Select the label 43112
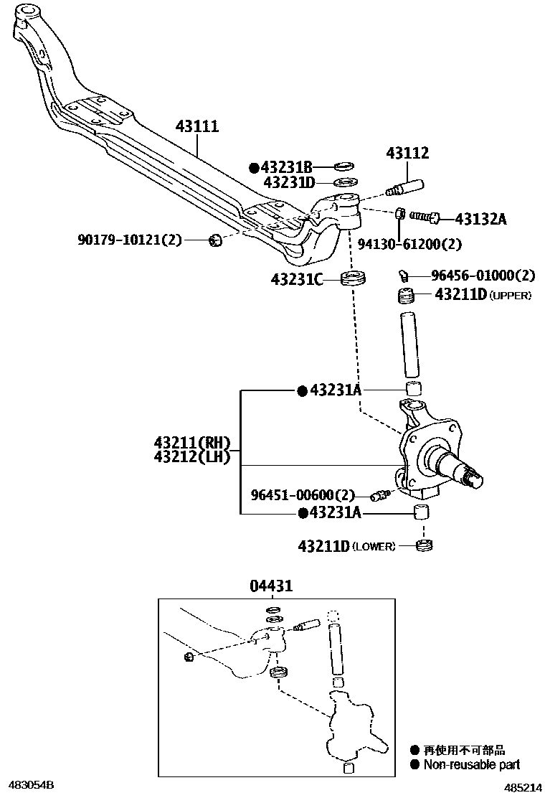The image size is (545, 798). [x=407, y=153]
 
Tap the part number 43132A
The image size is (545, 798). [x=480, y=219]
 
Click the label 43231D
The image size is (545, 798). [x=289, y=182]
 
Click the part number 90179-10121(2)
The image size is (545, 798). [x=130, y=239]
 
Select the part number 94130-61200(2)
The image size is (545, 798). [x=409, y=244]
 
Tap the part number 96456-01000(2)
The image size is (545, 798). [x=483, y=276]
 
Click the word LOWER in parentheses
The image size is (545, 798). [x=373, y=547]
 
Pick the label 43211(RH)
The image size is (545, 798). [x=192, y=442]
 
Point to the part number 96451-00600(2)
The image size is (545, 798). [x=303, y=494]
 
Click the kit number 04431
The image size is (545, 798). [x=271, y=586]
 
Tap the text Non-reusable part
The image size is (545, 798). [x=471, y=765]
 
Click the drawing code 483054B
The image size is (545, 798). [x=31, y=785]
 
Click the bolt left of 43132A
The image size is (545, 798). [x=425, y=215]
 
